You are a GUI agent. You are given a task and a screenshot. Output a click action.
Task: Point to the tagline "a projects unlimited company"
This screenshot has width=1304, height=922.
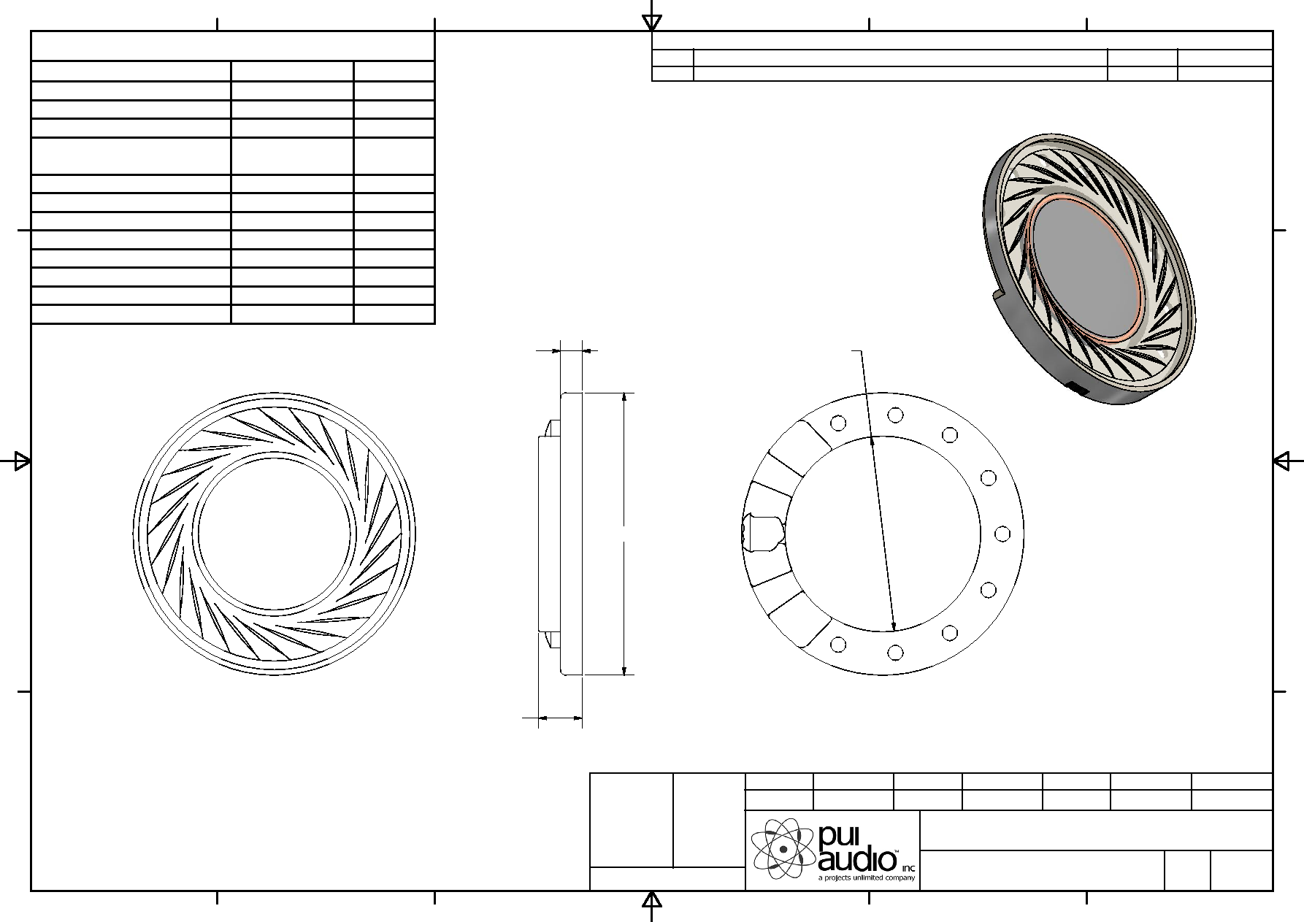coord(865,878)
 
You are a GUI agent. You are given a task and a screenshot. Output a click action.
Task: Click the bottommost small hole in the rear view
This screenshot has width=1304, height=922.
coord(895,652)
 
